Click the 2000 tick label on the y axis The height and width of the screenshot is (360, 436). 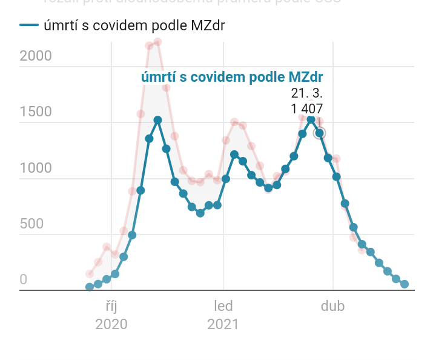click(36, 56)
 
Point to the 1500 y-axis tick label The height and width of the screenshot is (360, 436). click(36, 112)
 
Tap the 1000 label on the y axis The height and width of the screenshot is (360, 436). click(36, 168)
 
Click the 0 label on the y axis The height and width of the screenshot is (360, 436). click(24, 280)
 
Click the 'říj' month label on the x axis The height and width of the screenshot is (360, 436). click(111, 306)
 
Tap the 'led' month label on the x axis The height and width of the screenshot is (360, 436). click(223, 306)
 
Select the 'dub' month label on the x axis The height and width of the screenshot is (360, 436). click(332, 306)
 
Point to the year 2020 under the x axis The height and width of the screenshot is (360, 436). click(111, 324)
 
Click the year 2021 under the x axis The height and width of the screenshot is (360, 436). click(223, 324)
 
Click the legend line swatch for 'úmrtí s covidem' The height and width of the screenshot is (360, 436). click(29, 25)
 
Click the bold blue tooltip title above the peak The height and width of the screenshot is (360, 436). click(232, 77)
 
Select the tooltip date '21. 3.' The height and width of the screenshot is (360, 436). click(307, 94)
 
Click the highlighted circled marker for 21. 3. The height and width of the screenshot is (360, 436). click(319, 133)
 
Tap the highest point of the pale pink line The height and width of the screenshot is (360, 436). click(157, 42)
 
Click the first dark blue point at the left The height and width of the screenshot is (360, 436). click(90, 287)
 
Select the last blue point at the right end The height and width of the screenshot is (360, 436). click(405, 284)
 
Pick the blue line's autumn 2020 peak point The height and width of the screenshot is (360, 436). click(157, 120)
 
